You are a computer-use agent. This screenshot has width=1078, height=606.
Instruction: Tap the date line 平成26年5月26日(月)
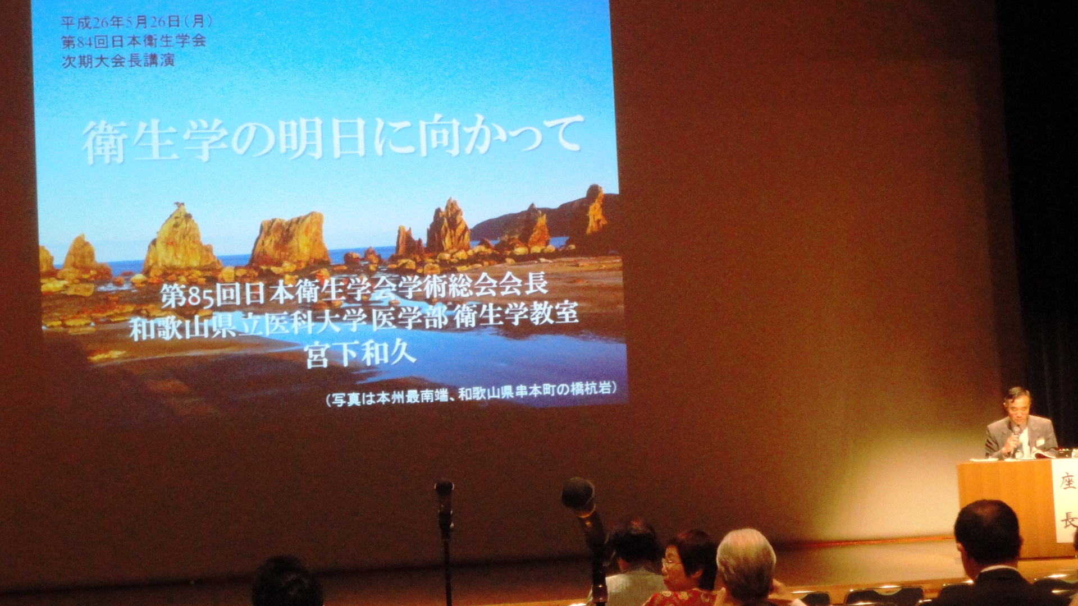[x=136, y=22]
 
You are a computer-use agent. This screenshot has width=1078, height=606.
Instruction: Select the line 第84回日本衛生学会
[x=133, y=41]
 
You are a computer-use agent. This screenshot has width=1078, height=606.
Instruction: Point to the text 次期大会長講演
[x=118, y=60]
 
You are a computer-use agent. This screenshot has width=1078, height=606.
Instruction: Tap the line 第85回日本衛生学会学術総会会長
[x=354, y=291]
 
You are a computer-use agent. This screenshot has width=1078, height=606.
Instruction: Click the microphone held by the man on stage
[x=1016, y=438]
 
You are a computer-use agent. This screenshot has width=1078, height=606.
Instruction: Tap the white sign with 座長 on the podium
[x=1066, y=499]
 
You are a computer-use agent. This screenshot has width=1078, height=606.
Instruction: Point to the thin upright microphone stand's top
[x=444, y=487]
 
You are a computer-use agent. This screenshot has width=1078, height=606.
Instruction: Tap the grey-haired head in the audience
[x=746, y=561]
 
